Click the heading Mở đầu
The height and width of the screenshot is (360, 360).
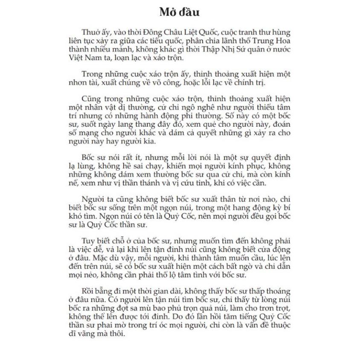[179, 12]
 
